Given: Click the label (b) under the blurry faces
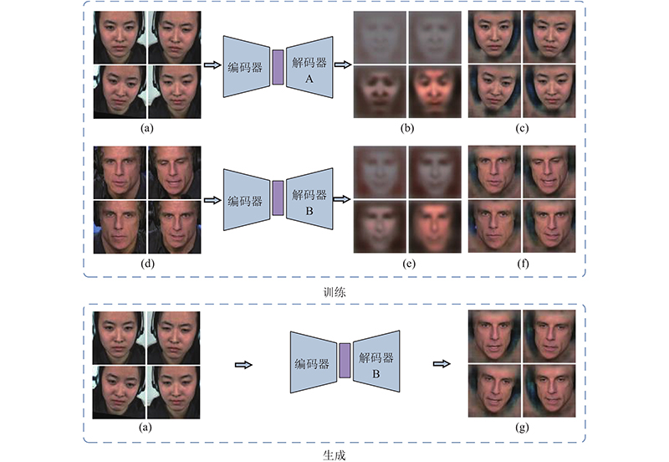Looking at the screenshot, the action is click(407, 128).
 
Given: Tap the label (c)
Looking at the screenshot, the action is click(522, 128).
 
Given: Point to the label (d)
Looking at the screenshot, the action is click(147, 264).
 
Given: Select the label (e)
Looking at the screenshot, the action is click(408, 264).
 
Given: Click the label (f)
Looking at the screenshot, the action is click(523, 264).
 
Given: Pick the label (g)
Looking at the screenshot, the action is click(522, 427).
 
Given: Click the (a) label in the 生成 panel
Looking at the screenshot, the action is click(146, 427).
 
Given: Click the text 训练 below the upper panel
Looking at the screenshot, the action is click(334, 292).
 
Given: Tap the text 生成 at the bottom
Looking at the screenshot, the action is click(334, 455).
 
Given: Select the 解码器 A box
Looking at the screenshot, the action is click(309, 67).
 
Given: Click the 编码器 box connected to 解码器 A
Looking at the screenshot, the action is click(247, 67).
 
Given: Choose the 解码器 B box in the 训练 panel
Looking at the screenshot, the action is click(309, 199).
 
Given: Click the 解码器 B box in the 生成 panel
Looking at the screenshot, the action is click(376, 362).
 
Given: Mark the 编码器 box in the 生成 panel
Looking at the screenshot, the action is click(314, 362).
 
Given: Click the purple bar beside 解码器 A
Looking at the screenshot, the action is click(278, 67).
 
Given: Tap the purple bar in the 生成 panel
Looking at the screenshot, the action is click(345, 361).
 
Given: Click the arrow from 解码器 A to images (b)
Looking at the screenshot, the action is click(343, 65).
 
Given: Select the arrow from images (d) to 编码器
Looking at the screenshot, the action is click(212, 200).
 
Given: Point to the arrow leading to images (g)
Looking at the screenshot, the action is click(442, 364).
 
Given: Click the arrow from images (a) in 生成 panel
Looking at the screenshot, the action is click(243, 365).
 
